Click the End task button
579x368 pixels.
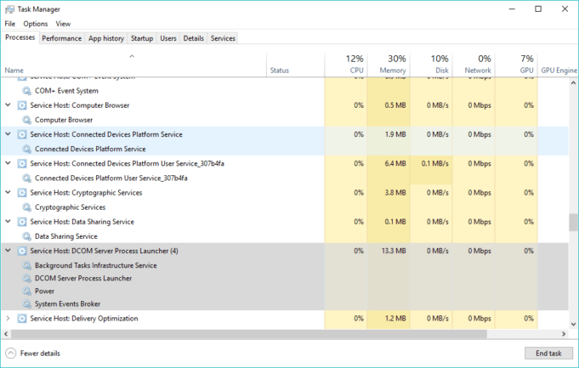coord(542,353)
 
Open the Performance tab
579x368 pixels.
coord(61,38)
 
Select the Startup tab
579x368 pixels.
coord(142,38)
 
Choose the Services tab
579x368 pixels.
coord(223,38)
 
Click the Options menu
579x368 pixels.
coord(36,24)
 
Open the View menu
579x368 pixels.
coord(63,24)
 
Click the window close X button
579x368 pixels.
coord(563,8)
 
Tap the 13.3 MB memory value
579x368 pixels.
coord(390,251)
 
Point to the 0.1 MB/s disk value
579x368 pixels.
coord(434,163)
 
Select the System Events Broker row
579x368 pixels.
coord(67,303)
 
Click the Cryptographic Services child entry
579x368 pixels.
coord(70,207)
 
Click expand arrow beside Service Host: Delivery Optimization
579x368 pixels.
coord(9,318)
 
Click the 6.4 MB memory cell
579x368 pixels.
coord(394,163)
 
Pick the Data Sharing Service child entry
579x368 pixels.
coord(65,236)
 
